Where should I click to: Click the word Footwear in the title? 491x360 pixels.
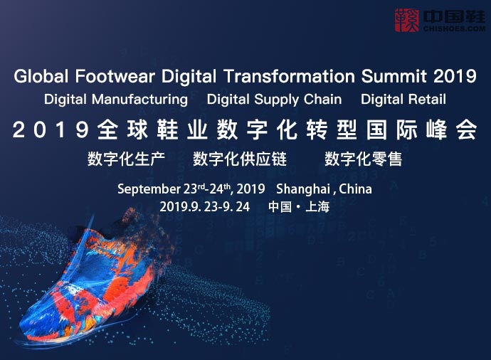(115, 76)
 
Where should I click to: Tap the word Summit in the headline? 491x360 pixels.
(394, 76)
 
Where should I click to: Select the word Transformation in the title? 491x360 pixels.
(289, 76)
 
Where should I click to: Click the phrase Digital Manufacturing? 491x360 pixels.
(116, 100)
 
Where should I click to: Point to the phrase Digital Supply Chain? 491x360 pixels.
(274, 100)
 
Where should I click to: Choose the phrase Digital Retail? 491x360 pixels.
(403, 100)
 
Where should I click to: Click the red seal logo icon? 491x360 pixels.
(407, 21)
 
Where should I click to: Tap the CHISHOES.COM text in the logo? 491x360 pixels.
(455, 28)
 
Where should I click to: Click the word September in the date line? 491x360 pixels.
(149, 189)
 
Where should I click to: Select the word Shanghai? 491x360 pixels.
(303, 189)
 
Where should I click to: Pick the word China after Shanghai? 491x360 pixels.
(355, 189)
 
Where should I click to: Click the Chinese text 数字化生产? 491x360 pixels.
(126, 159)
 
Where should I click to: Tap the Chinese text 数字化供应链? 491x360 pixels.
(240, 159)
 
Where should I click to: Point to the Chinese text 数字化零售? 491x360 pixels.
(363, 159)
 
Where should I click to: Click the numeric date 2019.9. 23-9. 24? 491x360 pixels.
(205, 207)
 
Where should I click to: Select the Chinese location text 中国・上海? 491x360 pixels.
(299, 207)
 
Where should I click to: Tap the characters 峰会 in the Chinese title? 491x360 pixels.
(452, 129)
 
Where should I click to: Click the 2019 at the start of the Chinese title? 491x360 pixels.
(51, 129)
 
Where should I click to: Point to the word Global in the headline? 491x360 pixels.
(41, 76)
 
